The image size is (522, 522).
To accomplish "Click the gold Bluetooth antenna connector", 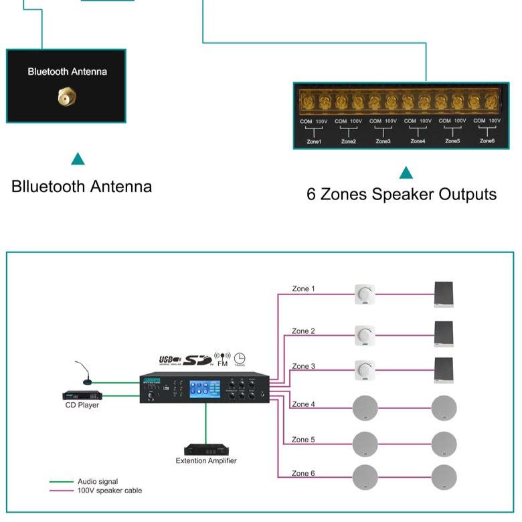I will (65, 98).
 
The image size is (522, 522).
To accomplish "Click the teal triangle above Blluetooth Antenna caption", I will (78, 159).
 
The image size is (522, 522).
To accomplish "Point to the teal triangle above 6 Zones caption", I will (406, 173).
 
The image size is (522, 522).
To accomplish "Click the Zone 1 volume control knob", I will (365, 294).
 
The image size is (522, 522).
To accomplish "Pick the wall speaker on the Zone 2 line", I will (444, 334).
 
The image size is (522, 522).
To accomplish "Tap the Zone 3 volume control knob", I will (365, 369).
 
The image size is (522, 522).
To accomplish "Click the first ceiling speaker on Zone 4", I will (365, 408).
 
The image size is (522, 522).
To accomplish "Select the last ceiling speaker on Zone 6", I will (444, 477).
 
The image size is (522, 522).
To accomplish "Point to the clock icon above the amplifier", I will (239, 359).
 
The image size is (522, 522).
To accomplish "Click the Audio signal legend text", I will (97, 481).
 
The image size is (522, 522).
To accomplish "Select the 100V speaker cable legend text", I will (110, 491).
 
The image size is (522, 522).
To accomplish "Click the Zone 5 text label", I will (302, 440).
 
